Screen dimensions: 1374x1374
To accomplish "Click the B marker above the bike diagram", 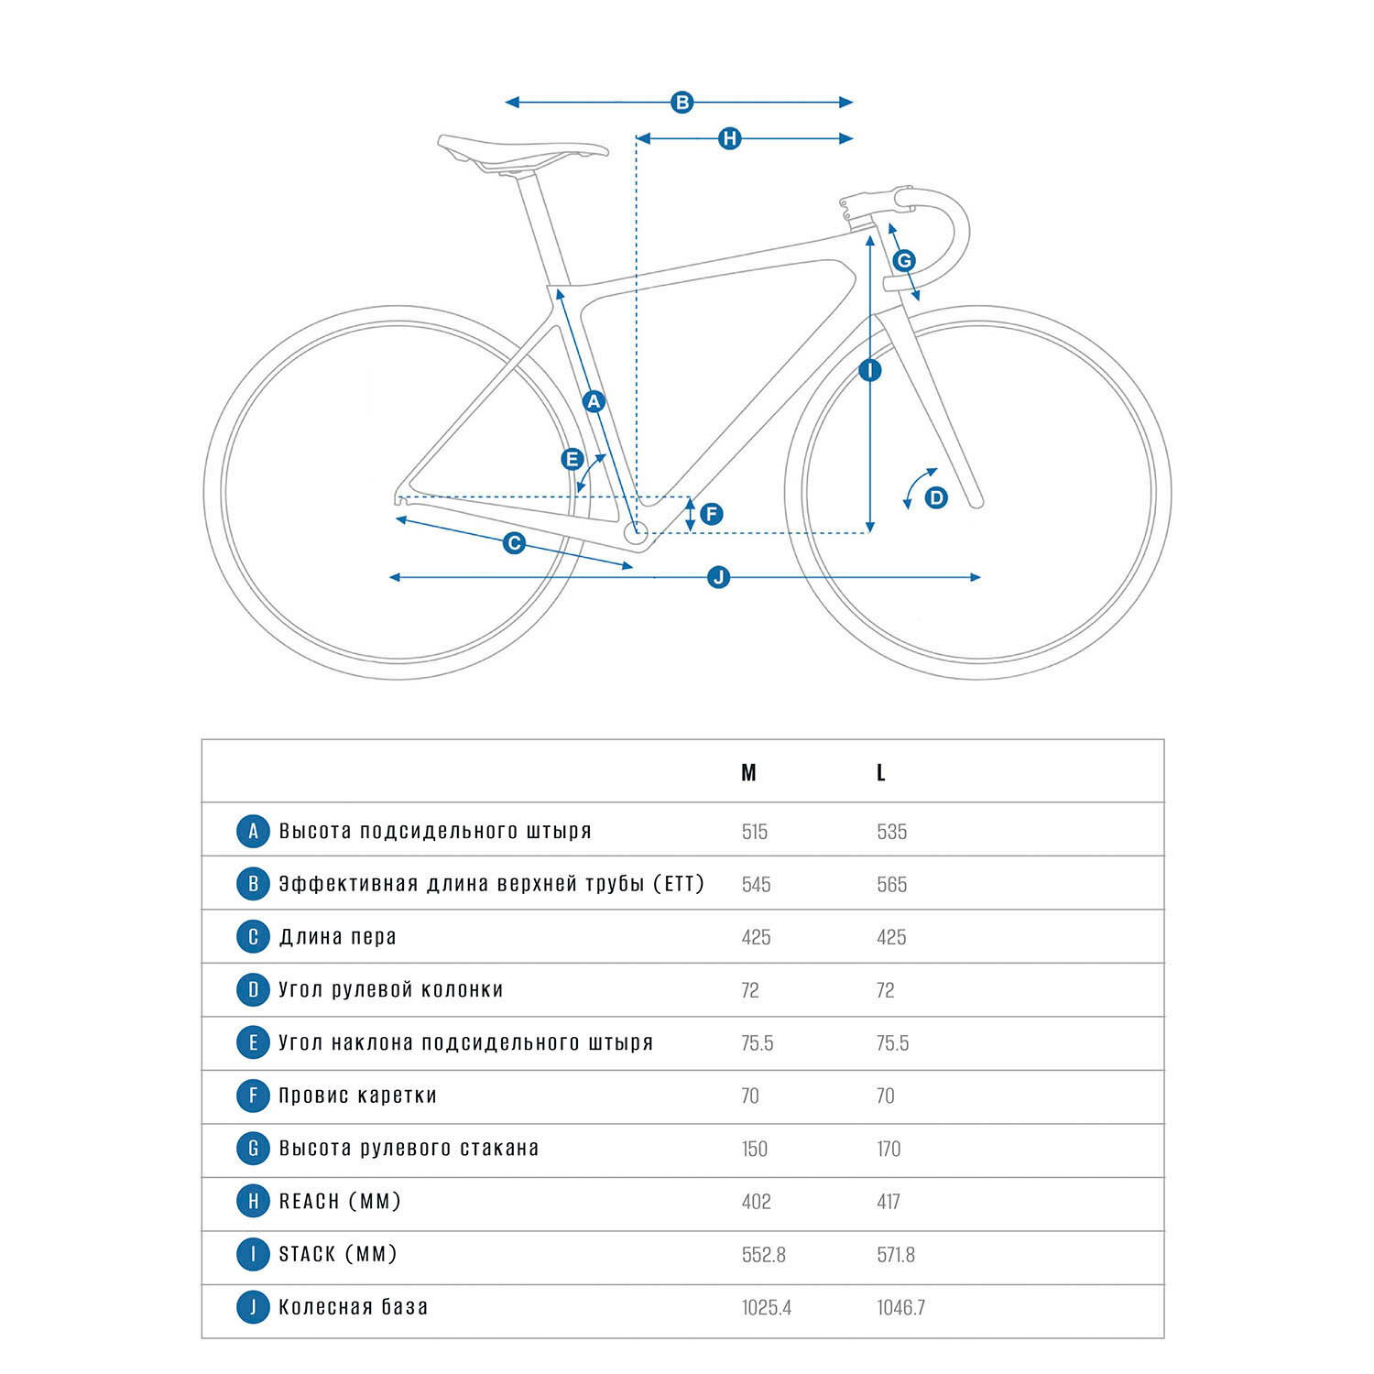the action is tap(682, 103).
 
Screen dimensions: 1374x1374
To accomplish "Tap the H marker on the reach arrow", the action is tap(729, 139).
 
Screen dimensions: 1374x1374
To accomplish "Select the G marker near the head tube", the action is tap(904, 260).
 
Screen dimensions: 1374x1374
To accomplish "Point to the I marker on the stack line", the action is tap(869, 370).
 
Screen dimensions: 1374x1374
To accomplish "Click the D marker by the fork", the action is tap(936, 497).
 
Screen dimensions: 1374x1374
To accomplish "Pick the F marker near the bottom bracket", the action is tap(712, 514).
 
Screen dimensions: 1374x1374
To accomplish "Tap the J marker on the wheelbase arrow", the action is tap(719, 577).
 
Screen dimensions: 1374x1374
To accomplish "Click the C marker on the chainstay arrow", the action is tap(515, 543).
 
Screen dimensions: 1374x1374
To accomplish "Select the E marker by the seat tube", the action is tap(572, 459).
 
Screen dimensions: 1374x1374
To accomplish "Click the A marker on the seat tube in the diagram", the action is tap(594, 401).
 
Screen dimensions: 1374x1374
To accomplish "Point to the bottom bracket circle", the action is tap(636, 531).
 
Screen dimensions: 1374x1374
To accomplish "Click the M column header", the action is tap(748, 773).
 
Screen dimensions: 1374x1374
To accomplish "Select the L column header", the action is tap(881, 773).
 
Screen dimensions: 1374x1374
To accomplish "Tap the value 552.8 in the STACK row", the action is tap(764, 1255).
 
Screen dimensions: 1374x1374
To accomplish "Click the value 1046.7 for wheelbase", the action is tap(901, 1308).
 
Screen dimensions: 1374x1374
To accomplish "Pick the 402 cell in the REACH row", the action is tap(757, 1202).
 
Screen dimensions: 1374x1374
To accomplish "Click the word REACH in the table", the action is tap(310, 1202).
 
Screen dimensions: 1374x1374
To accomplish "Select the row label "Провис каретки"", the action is tap(358, 1096).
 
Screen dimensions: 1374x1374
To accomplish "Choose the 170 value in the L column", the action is tap(889, 1149).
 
